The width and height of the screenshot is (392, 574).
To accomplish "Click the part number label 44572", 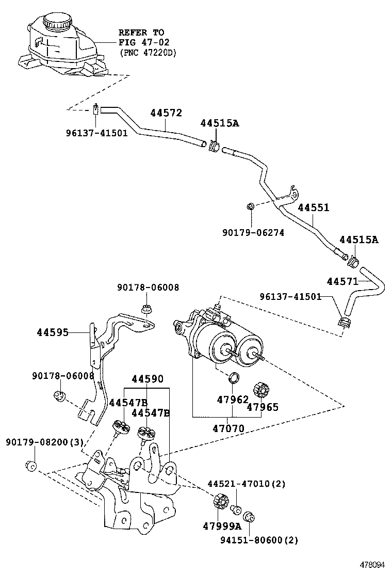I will point(166,114).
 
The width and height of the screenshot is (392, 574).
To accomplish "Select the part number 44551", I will point(314,208).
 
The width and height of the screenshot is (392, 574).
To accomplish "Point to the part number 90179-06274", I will point(253,233).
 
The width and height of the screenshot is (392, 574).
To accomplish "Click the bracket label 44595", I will point(53,332).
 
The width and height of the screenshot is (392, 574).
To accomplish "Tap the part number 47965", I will point(263,407).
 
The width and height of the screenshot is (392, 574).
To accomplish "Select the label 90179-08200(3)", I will point(44,442).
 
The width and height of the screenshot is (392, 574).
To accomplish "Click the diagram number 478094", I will point(372,565).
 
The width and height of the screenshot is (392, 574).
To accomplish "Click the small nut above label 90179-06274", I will point(250,207).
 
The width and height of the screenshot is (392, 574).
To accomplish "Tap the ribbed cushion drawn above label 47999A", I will point(220,501).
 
